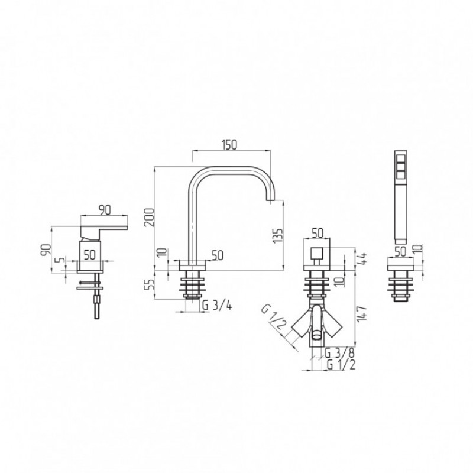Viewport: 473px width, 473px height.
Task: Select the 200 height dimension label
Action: [x=150, y=217]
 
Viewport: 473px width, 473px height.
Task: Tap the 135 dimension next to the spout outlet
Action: [x=277, y=235]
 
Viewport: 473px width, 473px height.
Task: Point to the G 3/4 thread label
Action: [x=217, y=306]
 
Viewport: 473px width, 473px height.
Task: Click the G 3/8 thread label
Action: [x=339, y=352]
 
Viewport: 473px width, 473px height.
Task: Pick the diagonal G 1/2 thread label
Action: [x=273, y=320]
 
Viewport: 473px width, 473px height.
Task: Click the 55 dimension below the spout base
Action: [x=150, y=284]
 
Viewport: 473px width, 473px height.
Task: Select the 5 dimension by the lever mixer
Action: [x=61, y=260]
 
